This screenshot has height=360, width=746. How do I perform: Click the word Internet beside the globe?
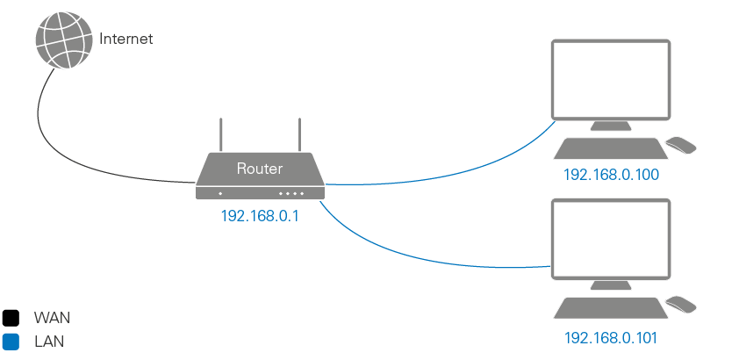pyautogui.click(x=126, y=39)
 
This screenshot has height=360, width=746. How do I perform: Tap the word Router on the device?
pyautogui.click(x=260, y=168)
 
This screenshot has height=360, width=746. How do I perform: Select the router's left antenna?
pyautogui.click(x=222, y=133)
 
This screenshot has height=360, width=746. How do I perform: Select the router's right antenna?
pyautogui.click(x=298, y=133)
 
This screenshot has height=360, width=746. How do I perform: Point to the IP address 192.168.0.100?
pyautogui.click(x=611, y=176)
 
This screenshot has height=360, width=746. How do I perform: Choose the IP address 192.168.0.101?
pyautogui.click(x=611, y=337)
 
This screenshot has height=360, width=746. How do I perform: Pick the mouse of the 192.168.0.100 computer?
pyautogui.click(x=681, y=144)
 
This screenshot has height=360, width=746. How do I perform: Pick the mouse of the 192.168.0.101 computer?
pyautogui.click(x=681, y=304)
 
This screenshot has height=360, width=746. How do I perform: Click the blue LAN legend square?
pyautogui.click(x=11, y=341)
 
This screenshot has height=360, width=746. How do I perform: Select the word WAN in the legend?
pyautogui.click(x=52, y=317)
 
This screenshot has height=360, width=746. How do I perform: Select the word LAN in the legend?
pyautogui.click(x=48, y=341)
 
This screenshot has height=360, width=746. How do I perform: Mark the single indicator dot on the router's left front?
pyautogui.click(x=220, y=192)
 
